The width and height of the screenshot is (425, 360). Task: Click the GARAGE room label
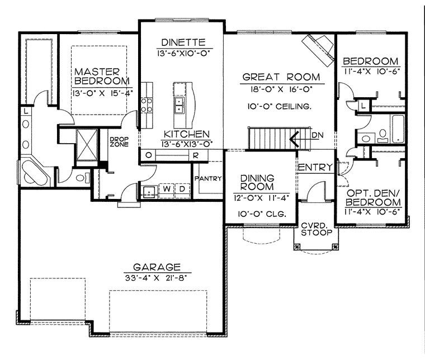coord(157,267)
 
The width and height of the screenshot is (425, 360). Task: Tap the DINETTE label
coord(183,42)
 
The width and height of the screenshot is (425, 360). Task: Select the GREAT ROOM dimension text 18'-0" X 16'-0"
coord(281,89)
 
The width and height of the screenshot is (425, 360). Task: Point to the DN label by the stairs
coord(318,135)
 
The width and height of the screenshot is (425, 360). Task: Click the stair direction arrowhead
coord(294,139)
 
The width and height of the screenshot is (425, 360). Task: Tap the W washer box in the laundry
coord(167,189)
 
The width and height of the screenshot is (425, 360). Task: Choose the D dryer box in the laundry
coord(182,189)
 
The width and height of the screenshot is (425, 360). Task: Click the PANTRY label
coord(208,178)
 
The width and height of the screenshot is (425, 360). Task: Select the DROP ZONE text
coord(119,142)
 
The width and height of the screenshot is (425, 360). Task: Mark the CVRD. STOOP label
coord(317,229)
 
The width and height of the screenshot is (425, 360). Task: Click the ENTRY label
coord(315,167)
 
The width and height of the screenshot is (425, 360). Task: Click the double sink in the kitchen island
coord(180,105)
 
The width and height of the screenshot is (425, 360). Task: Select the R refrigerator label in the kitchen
coord(196,155)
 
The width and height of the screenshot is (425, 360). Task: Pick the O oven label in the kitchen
coord(149,155)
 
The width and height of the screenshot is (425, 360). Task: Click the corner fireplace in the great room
coord(318,50)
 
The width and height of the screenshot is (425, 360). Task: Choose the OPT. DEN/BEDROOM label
coord(373,197)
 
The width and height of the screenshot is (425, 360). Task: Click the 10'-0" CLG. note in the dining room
coord(262,214)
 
